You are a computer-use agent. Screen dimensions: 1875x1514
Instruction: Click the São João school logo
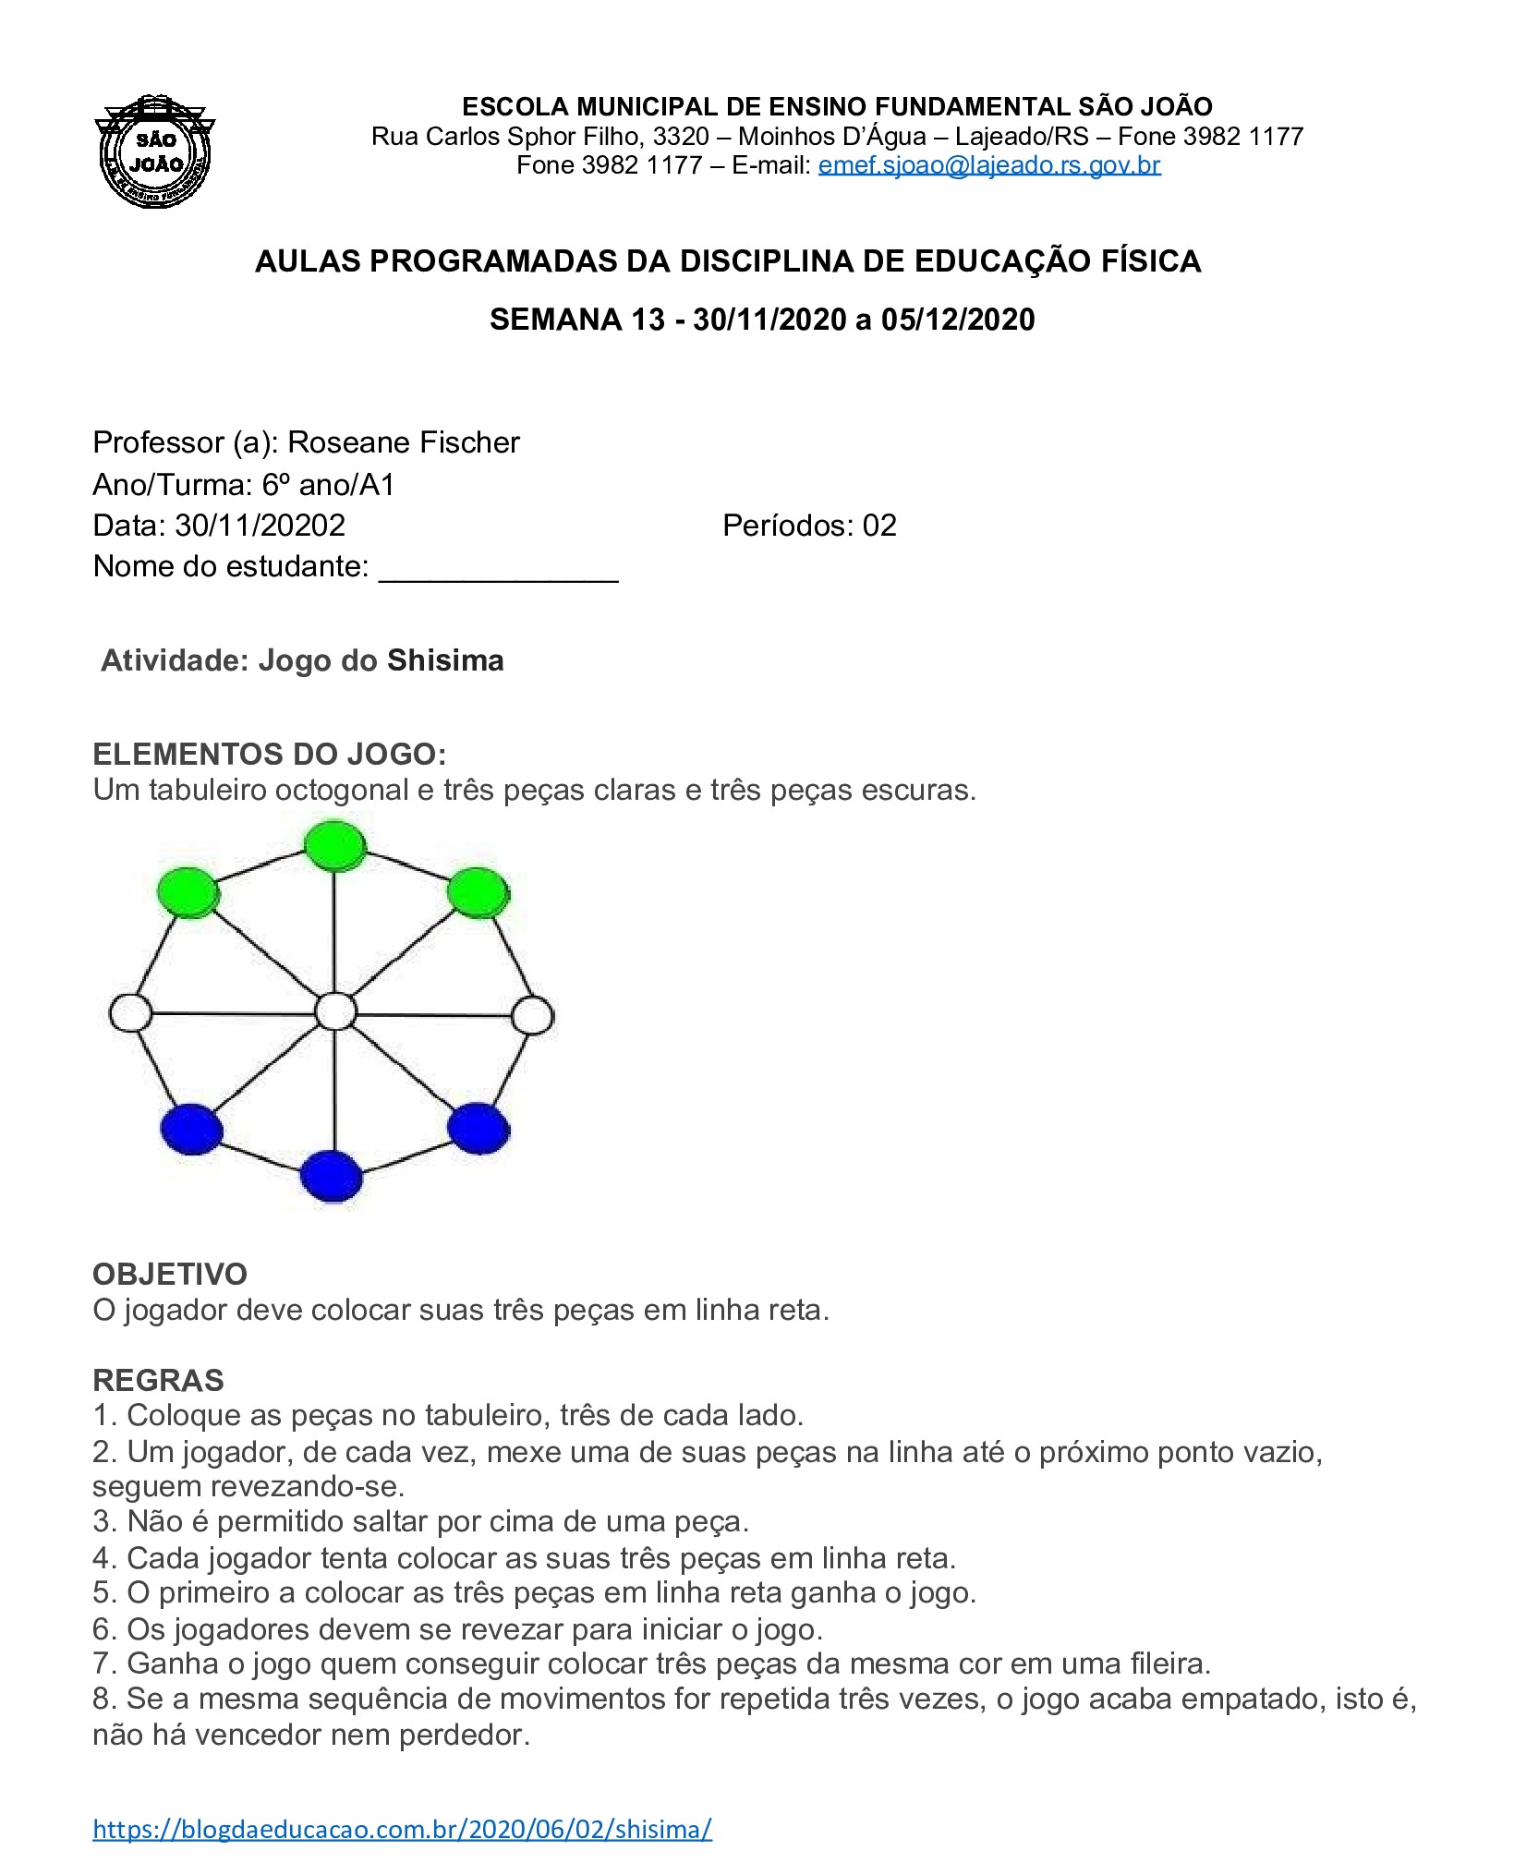155,151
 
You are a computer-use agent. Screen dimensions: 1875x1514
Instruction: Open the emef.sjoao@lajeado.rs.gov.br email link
988,165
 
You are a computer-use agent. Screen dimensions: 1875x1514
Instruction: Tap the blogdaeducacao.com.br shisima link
402,1829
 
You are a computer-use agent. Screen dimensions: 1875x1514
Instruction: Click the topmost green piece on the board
335,845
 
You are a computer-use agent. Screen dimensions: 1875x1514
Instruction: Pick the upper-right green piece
478,892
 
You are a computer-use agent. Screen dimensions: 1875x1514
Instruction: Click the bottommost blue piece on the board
331,1175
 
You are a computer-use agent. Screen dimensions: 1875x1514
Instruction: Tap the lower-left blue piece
191,1128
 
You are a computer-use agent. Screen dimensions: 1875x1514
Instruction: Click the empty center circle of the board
335,1011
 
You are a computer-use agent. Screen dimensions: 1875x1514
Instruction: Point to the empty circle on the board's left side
130,1012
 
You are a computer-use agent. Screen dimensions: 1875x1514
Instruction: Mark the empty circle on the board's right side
532,1015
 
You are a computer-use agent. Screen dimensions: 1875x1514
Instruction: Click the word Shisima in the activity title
445,660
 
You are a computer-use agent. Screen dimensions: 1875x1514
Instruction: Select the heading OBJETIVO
170,1274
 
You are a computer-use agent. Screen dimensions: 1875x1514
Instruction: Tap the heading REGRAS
158,1380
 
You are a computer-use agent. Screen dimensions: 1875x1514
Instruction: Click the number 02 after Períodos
879,526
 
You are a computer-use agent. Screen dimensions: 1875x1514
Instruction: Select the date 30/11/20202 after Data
260,526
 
